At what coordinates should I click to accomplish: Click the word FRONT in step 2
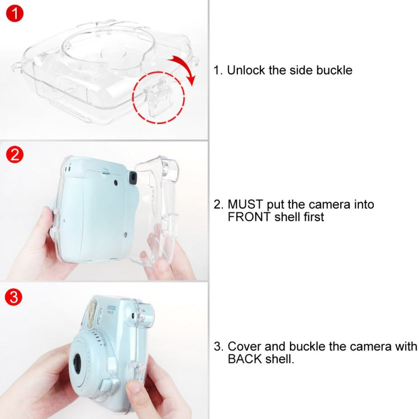pos(246,217)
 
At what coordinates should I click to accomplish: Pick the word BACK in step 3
pos(244,359)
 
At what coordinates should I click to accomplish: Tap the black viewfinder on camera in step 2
pos(133,177)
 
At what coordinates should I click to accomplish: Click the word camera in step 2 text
pos(352,204)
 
